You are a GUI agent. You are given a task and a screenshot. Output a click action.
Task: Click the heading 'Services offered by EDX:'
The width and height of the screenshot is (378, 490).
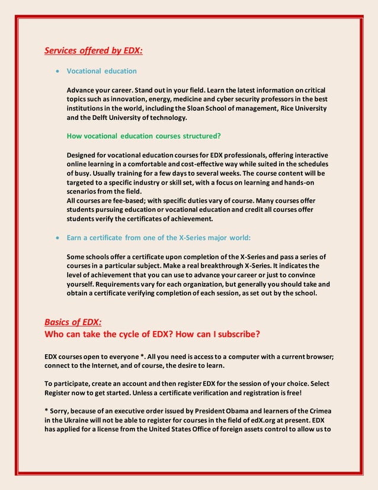pos(94,50)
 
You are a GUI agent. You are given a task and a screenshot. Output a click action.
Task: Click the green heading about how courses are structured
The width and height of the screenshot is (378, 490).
pos(143,136)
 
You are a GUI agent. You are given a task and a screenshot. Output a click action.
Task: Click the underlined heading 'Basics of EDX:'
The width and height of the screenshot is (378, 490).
pos(73,322)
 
